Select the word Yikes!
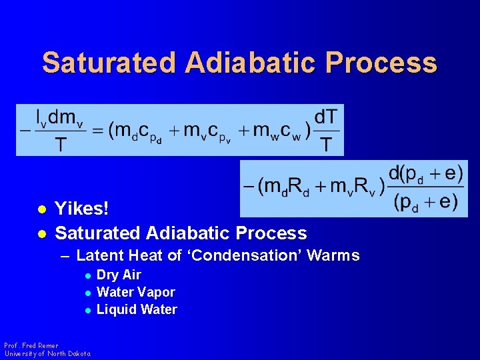[81, 209]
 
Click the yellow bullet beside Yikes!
[41, 209]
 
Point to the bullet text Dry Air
[119, 275]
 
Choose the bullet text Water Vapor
[135, 292]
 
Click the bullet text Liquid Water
[137, 309]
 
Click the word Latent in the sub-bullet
[100, 255]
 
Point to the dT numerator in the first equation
[325, 117]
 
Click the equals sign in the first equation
[98, 131]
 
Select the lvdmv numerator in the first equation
[56, 117]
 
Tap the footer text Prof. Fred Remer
[31, 346]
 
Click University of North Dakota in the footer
[47, 353]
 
